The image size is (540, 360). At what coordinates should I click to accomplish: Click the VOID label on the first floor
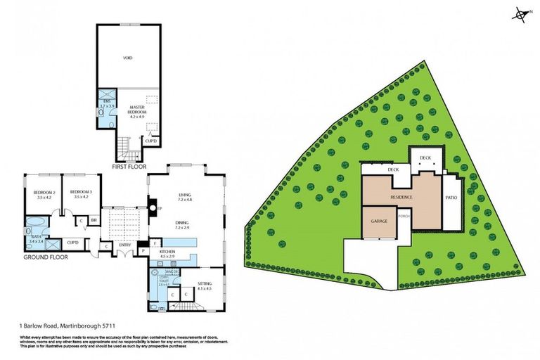point(128,58)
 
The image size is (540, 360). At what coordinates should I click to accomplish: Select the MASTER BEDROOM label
point(136,110)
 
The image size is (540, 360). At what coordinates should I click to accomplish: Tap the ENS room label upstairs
point(108,104)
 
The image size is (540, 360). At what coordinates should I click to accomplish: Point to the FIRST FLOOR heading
point(131,167)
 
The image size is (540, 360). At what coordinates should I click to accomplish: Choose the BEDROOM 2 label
point(44,194)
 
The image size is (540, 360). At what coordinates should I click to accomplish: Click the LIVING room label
point(184,198)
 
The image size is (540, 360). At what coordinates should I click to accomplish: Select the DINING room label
point(184,225)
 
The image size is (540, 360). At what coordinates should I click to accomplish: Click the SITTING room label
point(204,287)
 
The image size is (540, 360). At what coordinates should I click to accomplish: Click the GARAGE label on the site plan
point(380,221)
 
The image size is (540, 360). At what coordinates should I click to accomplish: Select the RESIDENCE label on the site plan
point(401,198)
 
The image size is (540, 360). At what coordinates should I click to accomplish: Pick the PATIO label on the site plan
point(452,198)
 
